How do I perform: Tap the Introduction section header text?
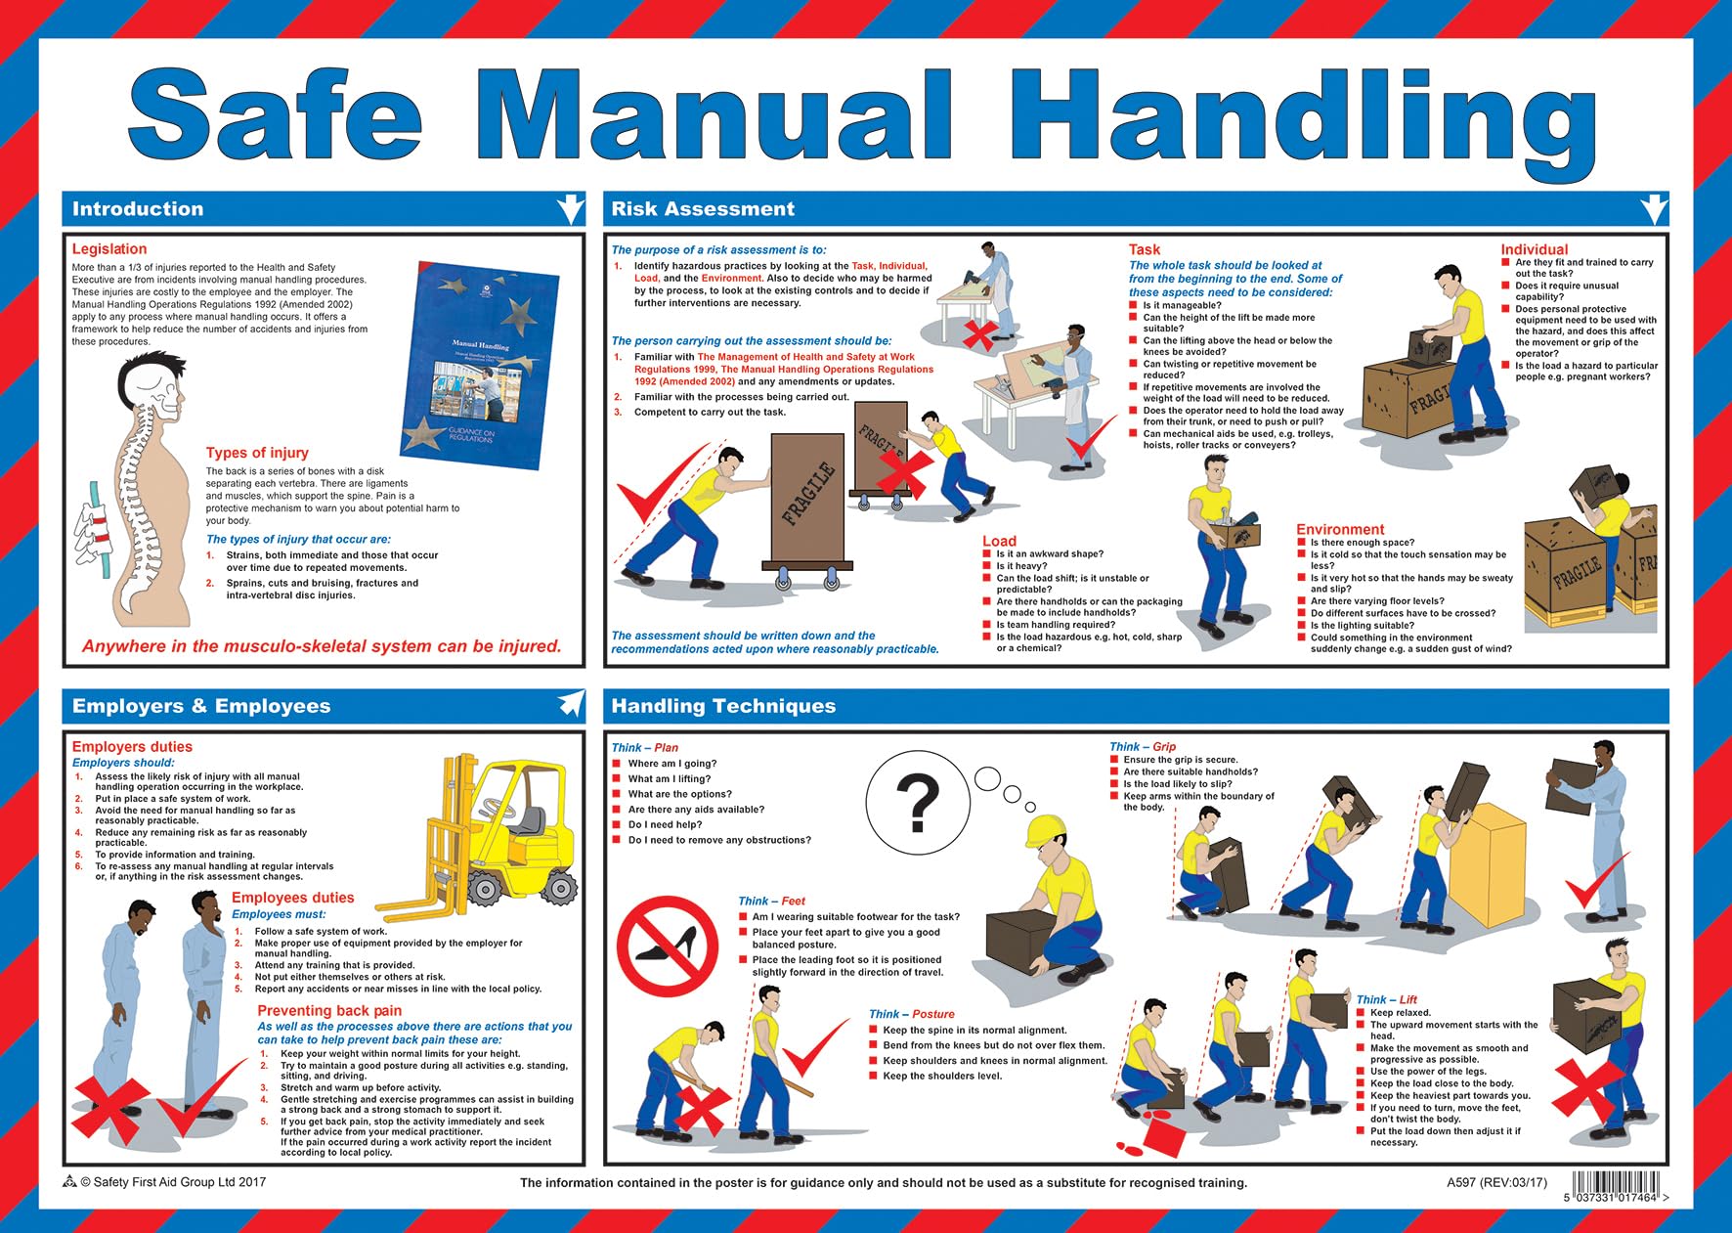tap(138, 209)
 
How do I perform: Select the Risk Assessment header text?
tap(703, 209)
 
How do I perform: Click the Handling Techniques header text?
tap(723, 706)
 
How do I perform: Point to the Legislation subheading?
tap(109, 249)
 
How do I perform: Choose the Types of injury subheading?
tap(257, 453)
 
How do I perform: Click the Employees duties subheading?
tap(292, 898)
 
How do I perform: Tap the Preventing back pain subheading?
tap(329, 1011)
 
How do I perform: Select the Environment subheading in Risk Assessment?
tap(1340, 529)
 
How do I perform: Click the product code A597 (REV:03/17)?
tap(1496, 1182)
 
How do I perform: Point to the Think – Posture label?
tap(911, 1015)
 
